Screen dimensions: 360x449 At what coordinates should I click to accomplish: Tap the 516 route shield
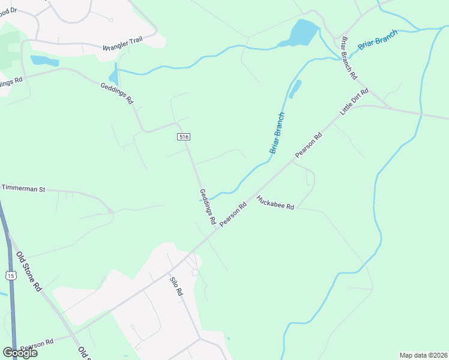tap(184, 137)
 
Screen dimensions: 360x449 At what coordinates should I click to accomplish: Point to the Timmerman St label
tap(23, 188)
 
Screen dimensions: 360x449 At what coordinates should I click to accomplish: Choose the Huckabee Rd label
tap(275, 203)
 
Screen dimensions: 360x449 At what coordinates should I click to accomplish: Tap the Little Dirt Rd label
tap(354, 102)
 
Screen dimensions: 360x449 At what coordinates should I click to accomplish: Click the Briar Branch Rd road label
tap(349, 58)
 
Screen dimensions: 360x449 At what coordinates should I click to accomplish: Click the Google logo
tap(19, 353)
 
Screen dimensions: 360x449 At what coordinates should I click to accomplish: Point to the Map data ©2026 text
tap(423, 355)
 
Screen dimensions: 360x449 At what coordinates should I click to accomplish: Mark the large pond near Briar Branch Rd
tap(298, 34)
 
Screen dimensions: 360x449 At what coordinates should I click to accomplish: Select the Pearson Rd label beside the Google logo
tap(37, 345)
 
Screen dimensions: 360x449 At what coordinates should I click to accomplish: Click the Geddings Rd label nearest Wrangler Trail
tap(116, 93)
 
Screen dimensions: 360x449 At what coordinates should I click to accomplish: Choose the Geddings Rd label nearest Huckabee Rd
tap(207, 207)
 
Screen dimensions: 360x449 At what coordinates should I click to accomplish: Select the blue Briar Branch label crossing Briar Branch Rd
tap(378, 40)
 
